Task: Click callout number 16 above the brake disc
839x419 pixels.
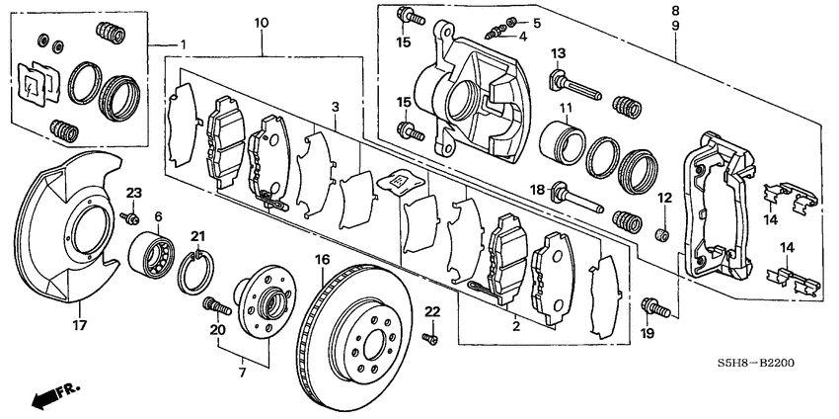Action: (321, 261)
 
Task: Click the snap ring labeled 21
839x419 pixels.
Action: (196, 271)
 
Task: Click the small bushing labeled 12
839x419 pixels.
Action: (664, 234)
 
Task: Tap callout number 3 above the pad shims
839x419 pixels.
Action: (337, 106)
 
